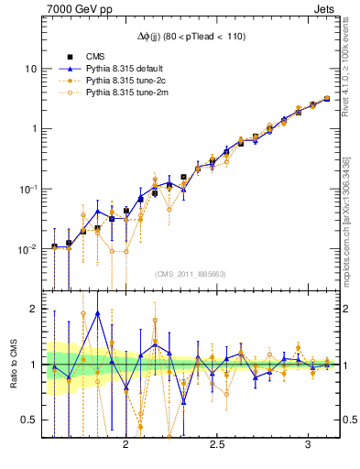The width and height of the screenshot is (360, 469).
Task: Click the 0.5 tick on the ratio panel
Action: (29, 420)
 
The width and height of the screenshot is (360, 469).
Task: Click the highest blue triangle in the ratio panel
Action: (97, 313)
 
